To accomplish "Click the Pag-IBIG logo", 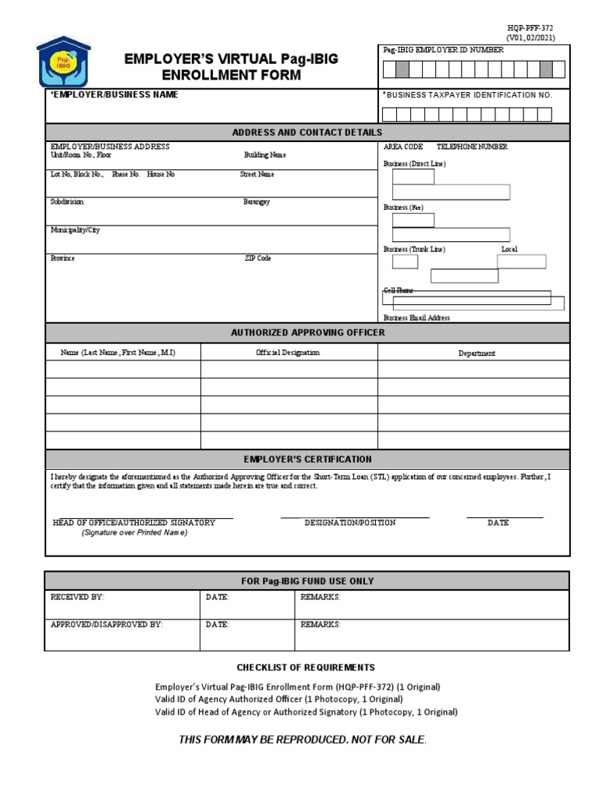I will pos(69,62).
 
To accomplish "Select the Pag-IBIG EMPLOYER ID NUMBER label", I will pos(443,50).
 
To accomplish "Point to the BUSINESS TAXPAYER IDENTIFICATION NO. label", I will pos(468,94).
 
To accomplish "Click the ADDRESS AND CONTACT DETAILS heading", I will pos(307,133).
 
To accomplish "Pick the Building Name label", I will pos(265,155).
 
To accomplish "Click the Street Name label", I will pos(257,175).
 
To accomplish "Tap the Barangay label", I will pos(257,202).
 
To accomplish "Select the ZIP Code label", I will pos(258,258).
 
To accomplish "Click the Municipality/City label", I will pos(76,231).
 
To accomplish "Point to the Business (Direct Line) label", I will pos(414,164).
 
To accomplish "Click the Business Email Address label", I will pos(416,318).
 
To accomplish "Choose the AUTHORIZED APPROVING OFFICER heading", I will pos(307,332).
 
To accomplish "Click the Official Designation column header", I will pos(288,353).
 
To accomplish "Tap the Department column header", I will pos(476,353).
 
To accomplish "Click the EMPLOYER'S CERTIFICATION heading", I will pos(307,460).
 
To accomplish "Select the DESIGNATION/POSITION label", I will pos(350,523).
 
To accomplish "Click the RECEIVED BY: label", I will pos(77,597).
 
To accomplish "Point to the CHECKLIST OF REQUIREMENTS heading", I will pos(306,667).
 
